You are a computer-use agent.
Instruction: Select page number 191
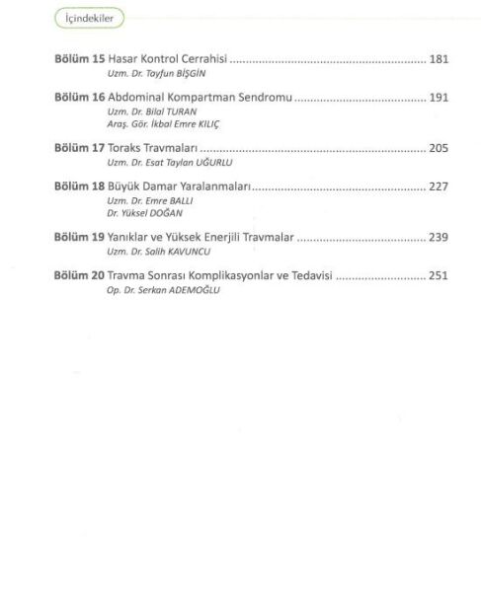pyautogui.click(x=439, y=99)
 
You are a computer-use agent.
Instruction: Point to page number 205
pyautogui.click(x=439, y=148)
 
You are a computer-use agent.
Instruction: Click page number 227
pyautogui.click(x=439, y=187)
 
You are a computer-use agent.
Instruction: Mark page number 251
pyautogui.click(x=439, y=276)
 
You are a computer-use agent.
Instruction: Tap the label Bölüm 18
pyautogui.click(x=79, y=187)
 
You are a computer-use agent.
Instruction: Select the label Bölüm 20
pyautogui.click(x=79, y=276)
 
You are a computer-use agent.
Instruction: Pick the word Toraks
pyautogui.click(x=126, y=148)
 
